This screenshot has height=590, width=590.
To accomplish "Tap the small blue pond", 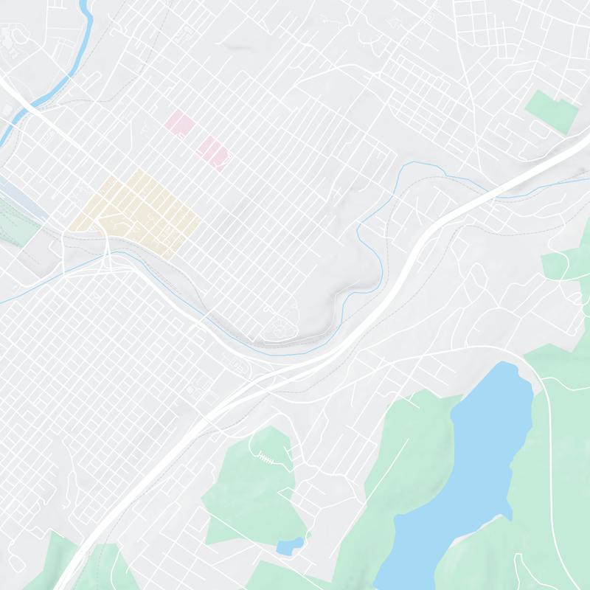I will (x=289, y=546).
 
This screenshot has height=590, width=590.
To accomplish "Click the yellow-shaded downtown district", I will (x=140, y=210).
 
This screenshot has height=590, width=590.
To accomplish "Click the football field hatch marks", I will (x=265, y=457).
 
